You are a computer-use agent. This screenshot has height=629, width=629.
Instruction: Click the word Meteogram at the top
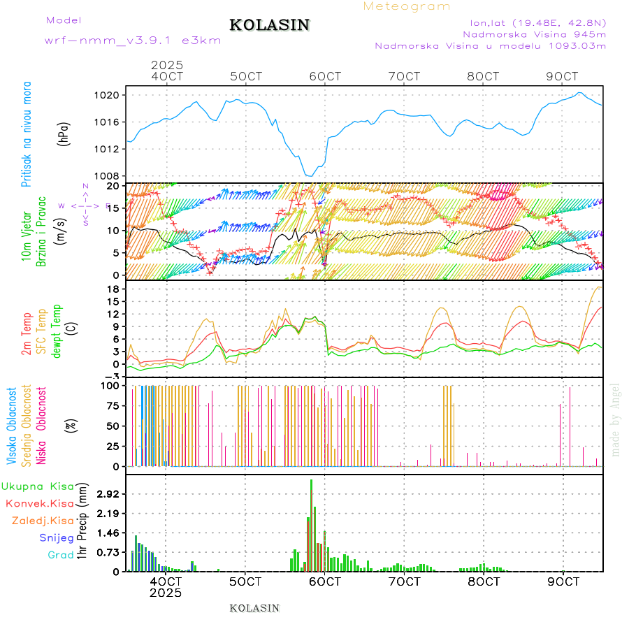coord(407,6)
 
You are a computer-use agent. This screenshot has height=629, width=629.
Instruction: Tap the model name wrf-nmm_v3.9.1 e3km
coord(133,40)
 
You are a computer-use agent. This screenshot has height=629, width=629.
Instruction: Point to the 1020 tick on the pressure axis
coord(110,95)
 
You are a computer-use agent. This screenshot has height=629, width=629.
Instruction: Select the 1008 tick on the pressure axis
coord(110,176)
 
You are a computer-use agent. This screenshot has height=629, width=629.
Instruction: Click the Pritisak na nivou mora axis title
coord(27,134)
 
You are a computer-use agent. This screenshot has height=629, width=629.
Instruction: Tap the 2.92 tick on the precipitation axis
coord(108,494)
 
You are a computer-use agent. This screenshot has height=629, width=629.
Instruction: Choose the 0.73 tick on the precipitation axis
coord(108,552)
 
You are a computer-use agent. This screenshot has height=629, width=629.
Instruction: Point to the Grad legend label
coord(61,555)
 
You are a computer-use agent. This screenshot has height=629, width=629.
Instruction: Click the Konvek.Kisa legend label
coord(39,503)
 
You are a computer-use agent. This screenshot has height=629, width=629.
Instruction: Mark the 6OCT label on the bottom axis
coord(325,581)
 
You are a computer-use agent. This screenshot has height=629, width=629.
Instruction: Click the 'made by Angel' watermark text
coord(616,419)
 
